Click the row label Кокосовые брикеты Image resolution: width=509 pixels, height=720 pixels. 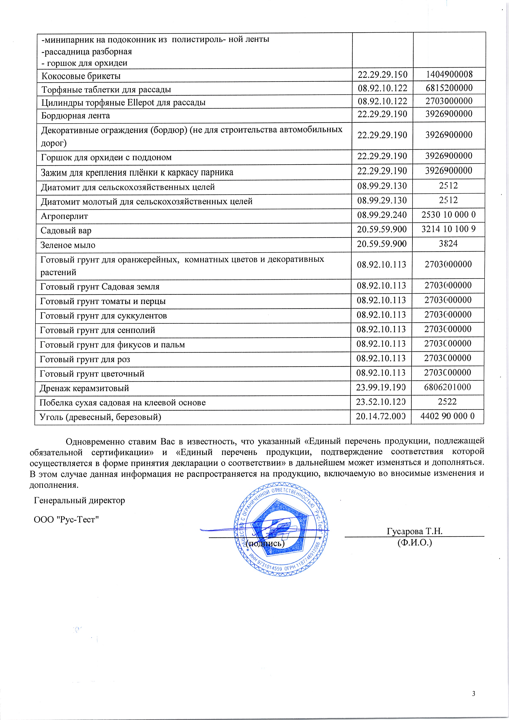(x=81, y=76)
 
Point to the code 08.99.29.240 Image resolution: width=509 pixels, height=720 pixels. (x=382, y=215)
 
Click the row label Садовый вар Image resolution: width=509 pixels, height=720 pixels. (x=66, y=231)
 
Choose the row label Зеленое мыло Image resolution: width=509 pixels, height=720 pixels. (x=68, y=245)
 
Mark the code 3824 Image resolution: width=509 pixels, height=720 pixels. (x=448, y=244)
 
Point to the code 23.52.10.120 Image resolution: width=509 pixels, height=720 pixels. (x=381, y=402)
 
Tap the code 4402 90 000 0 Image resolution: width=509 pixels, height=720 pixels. (x=448, y=416)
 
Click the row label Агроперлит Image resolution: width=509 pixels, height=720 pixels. (x=64, y=216)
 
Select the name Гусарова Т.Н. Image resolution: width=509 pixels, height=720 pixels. (x=414, y=531)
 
